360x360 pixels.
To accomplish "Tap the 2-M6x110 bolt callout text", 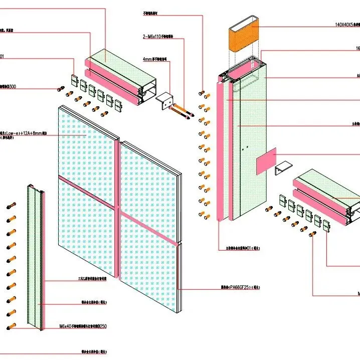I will [x=157, y=37].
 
